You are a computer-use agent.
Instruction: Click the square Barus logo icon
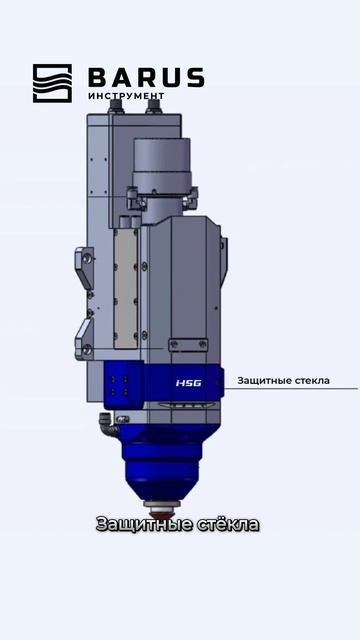[x=52, y=83]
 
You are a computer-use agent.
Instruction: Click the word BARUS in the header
[x=146, y=78]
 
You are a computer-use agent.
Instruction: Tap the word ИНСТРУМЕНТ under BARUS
[x=126, y=96]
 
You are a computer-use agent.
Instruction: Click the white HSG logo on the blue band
[x=189, y=383]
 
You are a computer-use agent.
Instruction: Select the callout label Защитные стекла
[x=283, y=381]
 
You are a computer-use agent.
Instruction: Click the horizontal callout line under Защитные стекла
[x=291, y=389]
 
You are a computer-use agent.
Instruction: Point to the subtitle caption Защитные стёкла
[x=178, y=524]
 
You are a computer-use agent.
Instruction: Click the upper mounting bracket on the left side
[x=84, y=267]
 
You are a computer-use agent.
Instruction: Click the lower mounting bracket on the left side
[x=84, y=339]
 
